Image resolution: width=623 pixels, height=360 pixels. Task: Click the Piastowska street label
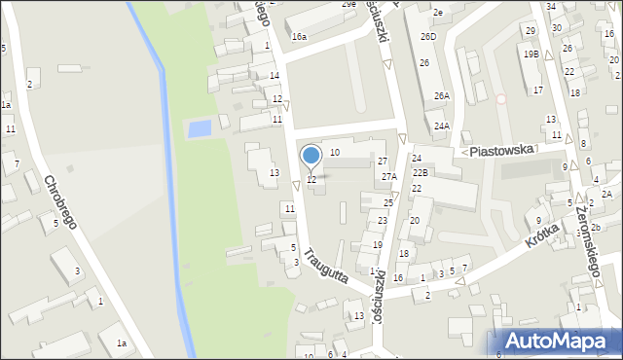click(x=501, y=151)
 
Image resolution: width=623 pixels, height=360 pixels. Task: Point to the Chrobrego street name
click(x=62, y=202)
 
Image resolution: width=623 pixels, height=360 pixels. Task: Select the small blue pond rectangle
click(x=200, y=128)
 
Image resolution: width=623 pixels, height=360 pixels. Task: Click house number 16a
click(x=300, y=36)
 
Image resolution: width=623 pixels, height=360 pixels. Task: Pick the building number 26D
click(x=428, y=36)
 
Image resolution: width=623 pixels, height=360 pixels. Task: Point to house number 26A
click(x=442, y=95)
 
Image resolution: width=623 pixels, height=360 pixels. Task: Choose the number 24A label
click(x=442, y=126)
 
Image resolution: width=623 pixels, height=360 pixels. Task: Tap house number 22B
click(x=420, y=172)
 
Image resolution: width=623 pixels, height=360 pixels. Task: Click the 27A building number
click(x=389, y=176)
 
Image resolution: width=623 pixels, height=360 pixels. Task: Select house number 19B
click(x=531, y=54)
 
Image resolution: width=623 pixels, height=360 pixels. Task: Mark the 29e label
click(x=348, y=4)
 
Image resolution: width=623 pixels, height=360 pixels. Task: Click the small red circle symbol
click(x=501, y=98)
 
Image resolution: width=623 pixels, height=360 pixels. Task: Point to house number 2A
click(x=605, y=194)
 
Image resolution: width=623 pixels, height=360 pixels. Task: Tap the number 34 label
click(x=551, y=7)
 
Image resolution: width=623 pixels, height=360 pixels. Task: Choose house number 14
click(x=275, y=75)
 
